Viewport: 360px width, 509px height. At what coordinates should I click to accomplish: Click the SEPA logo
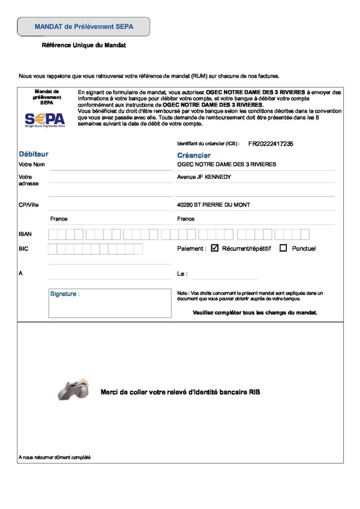tap(45, 120)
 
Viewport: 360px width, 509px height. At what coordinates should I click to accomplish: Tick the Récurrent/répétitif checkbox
tap(215, 248)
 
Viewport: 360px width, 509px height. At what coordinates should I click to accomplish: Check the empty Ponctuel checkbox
tap(283, 248)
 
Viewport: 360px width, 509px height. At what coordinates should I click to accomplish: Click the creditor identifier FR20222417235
tap(270, 144)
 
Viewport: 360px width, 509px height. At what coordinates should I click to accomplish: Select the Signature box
tap(109, 303)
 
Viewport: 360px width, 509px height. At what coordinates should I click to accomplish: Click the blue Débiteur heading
tap(33, 154)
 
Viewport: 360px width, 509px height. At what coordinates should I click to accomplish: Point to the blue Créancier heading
tap(194, 156)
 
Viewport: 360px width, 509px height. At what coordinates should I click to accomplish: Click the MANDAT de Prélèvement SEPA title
tap(84, 26)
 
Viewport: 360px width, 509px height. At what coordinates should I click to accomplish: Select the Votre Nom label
tap(32, 164)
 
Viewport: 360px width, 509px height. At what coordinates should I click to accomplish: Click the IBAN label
tap(25, 234)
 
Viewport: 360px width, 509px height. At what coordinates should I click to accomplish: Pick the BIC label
tap(23, 249)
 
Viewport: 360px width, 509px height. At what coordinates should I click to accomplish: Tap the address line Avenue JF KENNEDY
tap(204, 177)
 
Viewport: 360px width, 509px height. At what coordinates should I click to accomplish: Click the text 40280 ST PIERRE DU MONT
tap(213, 205)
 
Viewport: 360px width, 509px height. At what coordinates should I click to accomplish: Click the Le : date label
tap(182, 274)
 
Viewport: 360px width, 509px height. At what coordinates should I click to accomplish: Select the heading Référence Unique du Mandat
tap(84, 45)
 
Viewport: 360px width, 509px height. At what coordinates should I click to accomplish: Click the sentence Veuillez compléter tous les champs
tap(255, 313)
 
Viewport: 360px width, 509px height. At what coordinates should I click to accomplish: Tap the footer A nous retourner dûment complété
tap(54, 457)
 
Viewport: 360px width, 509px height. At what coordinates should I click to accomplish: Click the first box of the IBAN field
tap(53, 234)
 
